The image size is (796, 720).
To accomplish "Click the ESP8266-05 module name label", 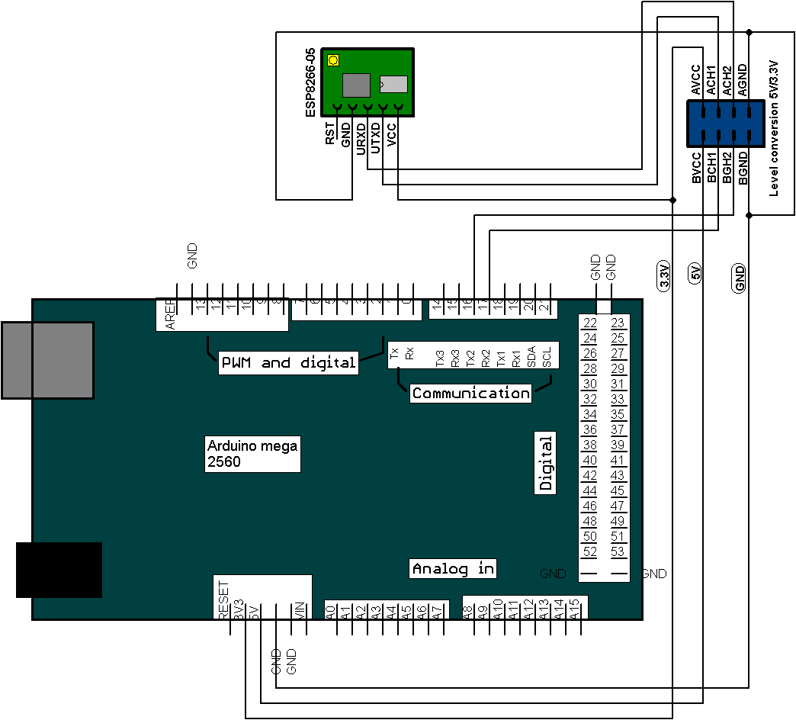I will click(x=310, y=82).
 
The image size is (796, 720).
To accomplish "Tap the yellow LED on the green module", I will click(x=332, y=60).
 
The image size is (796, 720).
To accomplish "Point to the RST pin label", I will click(x=329, y=134).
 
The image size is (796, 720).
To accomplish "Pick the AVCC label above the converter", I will click(x=695, y=80).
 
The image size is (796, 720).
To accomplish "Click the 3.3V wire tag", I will click(x=664, y=275).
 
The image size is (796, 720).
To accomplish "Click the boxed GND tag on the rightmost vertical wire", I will click(x=740, y=278).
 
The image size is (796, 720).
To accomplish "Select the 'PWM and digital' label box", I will click(x=288, y=362).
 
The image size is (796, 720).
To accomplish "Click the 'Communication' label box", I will click(x=470, y=394).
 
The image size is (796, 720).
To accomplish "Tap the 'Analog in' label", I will click(x=453, y=568).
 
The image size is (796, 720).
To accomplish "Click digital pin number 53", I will click(x=618, y=551).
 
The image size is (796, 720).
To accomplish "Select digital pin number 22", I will click(x=589, y=323).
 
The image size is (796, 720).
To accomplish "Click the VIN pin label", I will click(x=300, y=610).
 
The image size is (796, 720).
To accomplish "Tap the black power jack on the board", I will click(x=59, y=569).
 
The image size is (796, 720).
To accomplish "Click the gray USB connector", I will click(x=47, y=360).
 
